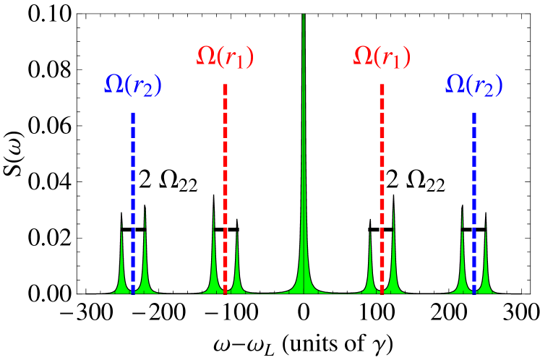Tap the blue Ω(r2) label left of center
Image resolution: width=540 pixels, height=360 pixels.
pyautogui.click(x=133, y=85)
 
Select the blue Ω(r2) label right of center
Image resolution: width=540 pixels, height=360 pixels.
pyautogui.click(x=473, y=85)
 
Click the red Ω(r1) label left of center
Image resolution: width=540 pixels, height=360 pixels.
pyautogui.click(x=225, y=57)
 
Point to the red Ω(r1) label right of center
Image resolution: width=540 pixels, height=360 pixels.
pyautogui.click(x=382, y=57)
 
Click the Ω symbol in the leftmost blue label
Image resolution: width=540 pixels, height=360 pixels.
pyautogui.click(x=113, y=85)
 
